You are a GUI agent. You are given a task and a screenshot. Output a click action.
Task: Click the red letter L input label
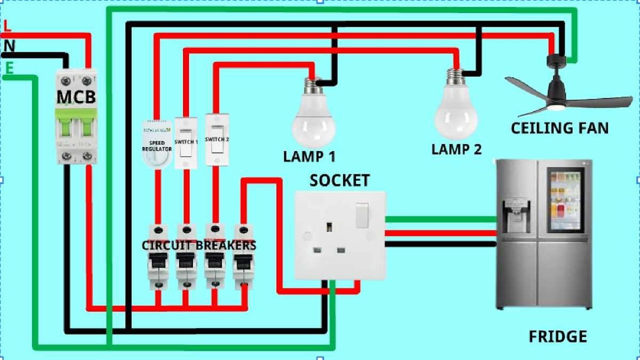(6, 25)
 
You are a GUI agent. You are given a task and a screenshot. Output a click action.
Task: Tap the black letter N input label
(9, 46)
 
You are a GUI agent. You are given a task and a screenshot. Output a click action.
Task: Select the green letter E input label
(9, 68)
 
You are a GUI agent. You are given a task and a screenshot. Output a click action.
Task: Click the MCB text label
(76, 98)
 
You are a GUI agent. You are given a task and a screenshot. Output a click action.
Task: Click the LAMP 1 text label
(310, 157)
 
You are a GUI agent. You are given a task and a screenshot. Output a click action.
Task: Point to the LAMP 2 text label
(457, 149)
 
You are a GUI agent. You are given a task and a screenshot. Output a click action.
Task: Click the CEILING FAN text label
(559, 129)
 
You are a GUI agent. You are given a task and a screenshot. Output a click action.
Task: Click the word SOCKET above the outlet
(340, 181)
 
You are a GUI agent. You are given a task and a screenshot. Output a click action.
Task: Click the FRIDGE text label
(557, 337)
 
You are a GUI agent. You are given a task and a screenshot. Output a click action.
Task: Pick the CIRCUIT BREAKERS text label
(199, 246)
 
